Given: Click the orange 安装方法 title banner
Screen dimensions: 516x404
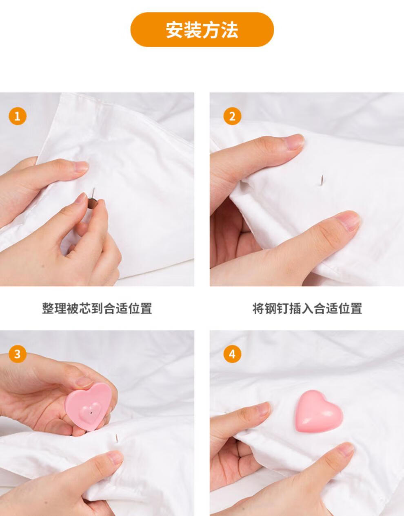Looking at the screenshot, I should tap(202, 30).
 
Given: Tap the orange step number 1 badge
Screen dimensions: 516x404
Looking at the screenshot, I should tap(17, 116).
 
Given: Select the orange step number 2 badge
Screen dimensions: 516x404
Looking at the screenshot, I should tap(232, 116).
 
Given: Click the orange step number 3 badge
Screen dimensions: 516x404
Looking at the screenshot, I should tap(17, 354).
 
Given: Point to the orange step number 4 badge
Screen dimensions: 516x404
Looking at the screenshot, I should tap(232, 354).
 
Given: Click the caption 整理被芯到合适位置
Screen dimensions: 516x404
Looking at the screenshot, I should tap(97, 308).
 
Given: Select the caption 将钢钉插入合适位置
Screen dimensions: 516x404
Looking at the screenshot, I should tap(307, 308).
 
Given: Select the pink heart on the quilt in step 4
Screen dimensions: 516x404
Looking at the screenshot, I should tap(319, 411).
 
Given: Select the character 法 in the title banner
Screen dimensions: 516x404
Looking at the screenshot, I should tap(230, 30).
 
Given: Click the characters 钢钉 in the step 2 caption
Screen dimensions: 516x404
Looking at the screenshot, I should tap(280, 308).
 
